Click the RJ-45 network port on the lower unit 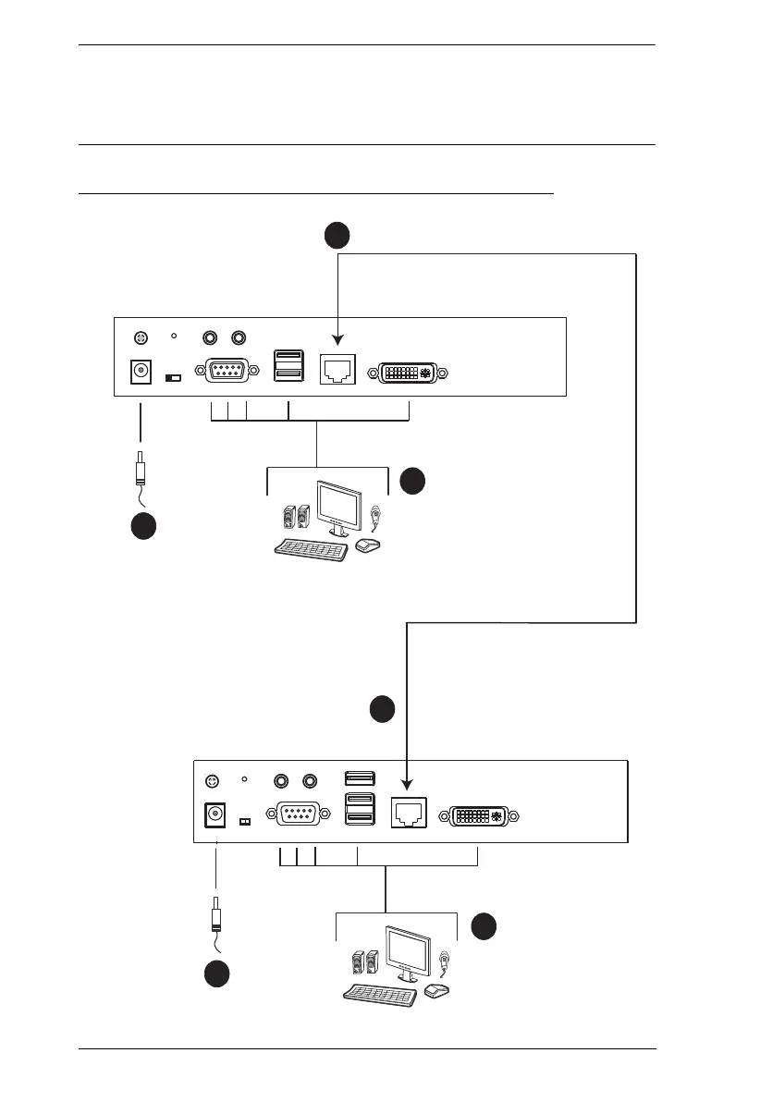(408, 814)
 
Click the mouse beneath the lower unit (435, 990)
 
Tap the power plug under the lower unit (215, 915)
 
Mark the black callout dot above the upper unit (337, 236)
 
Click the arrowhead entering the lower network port (408, 787)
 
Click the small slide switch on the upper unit (173, 378)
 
